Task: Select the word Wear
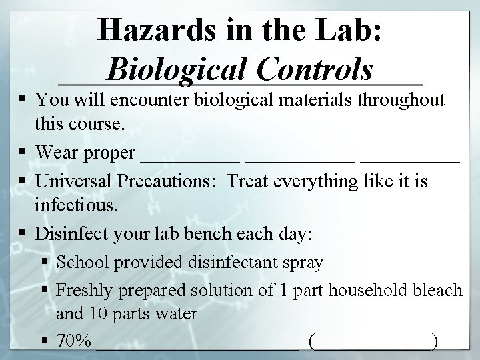(x=54, y=153)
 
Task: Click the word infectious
(x=77, y=207)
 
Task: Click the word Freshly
(x=83, y=290)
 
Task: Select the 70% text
(x=74, y=341)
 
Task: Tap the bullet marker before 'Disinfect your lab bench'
(x=25, y=235)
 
